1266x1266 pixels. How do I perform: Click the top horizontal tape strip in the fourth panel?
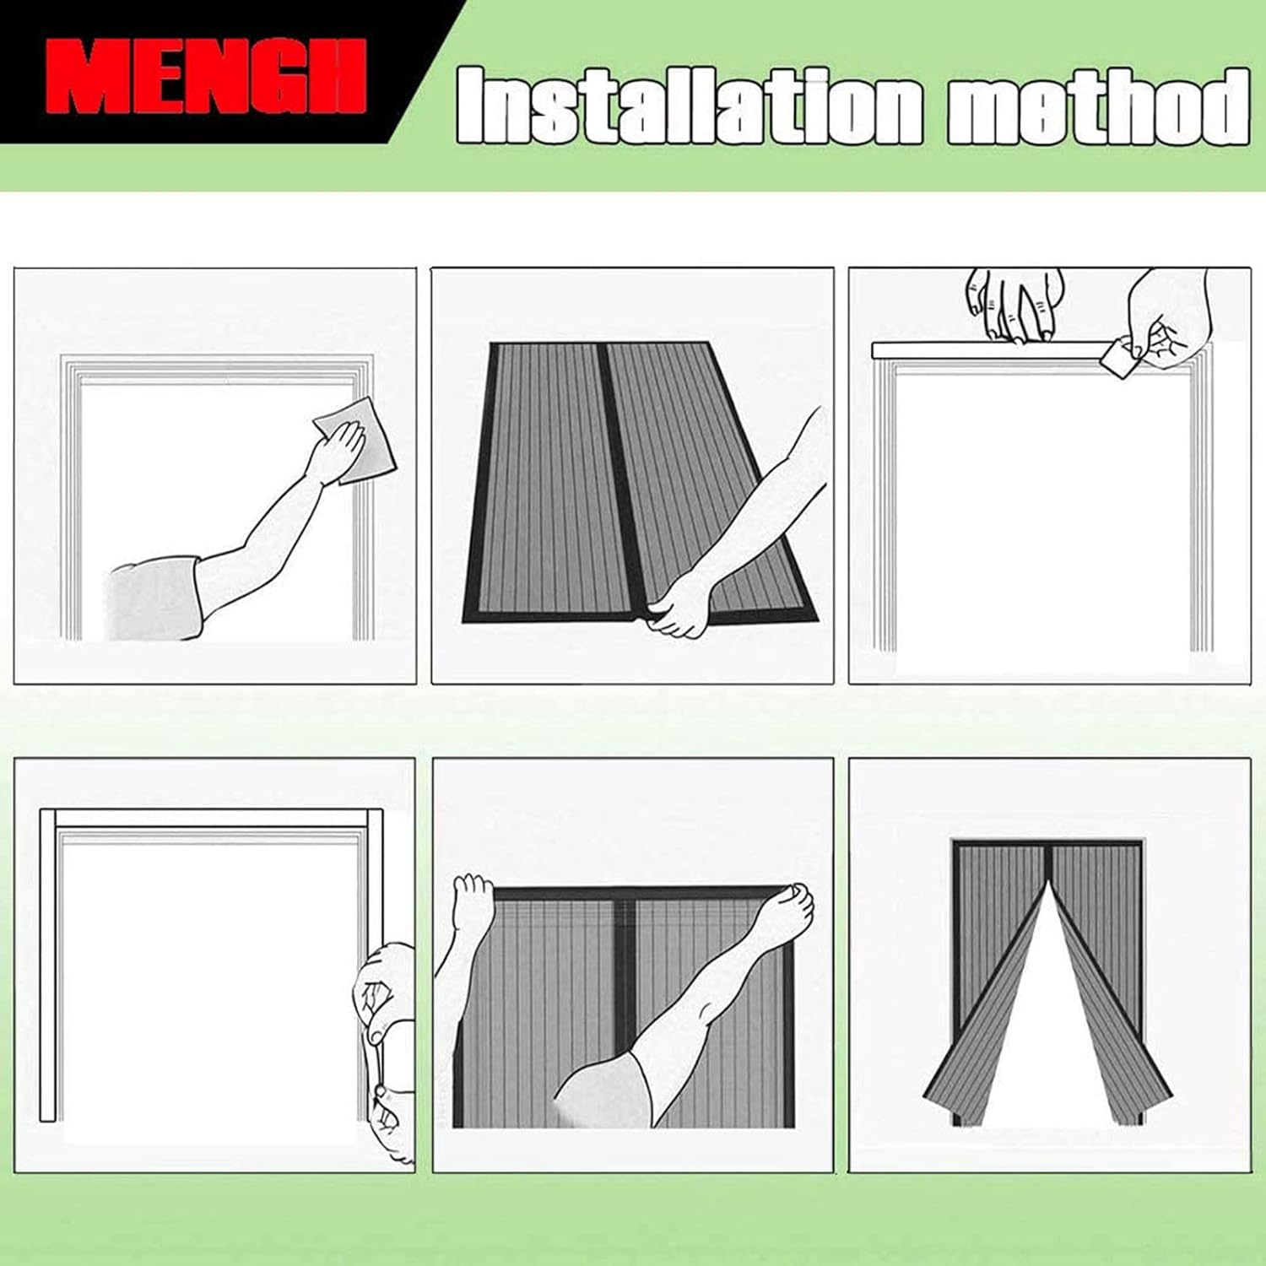tap(211, 817)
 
